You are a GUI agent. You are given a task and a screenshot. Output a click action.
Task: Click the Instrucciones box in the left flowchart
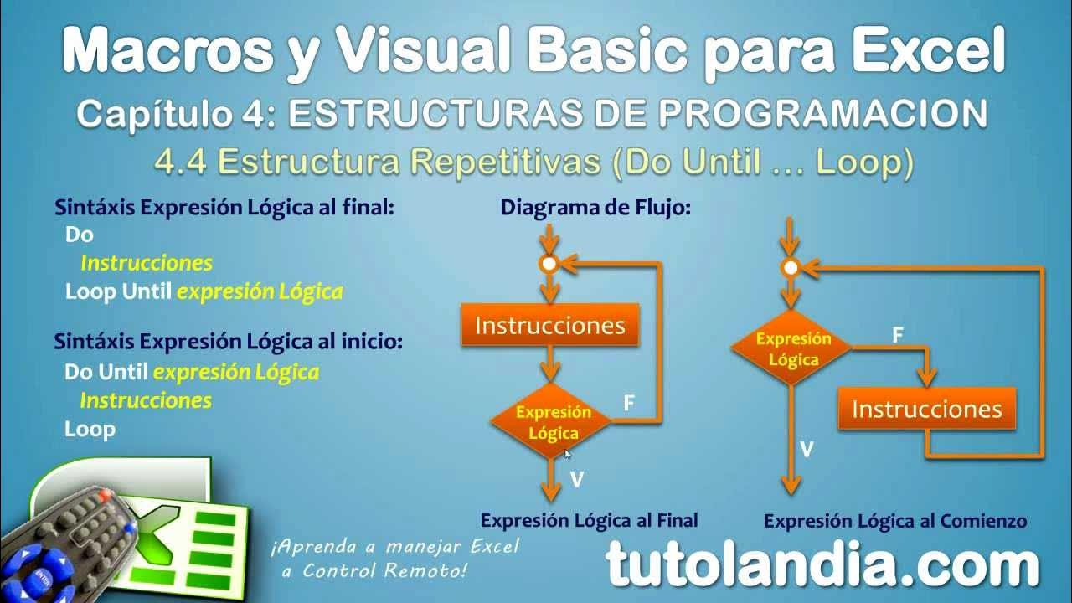(549, 325)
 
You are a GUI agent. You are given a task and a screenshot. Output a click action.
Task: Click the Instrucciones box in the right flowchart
(926, 410)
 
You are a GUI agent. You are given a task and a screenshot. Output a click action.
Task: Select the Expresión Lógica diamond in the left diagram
(549, 422)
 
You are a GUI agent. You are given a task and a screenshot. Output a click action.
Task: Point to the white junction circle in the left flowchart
(549, 264)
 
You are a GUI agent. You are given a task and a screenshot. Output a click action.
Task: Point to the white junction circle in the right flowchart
(790, 268)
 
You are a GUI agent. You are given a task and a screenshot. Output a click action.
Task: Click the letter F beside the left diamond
(629, 404)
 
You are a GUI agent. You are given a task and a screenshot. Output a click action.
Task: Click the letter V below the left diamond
(576, 480)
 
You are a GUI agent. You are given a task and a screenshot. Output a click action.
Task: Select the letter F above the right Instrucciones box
(897, 335)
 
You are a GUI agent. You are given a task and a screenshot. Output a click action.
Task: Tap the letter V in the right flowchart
(806, 450)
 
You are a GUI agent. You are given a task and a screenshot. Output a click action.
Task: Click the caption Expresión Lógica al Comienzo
(894, 521)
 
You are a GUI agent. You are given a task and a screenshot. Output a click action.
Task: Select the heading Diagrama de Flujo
(595, 208)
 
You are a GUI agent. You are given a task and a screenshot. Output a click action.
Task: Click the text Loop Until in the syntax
(118, 291)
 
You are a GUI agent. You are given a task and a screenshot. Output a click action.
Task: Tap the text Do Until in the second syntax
(106, 371)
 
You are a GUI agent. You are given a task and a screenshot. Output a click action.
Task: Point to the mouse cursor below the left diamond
(567, 453)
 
